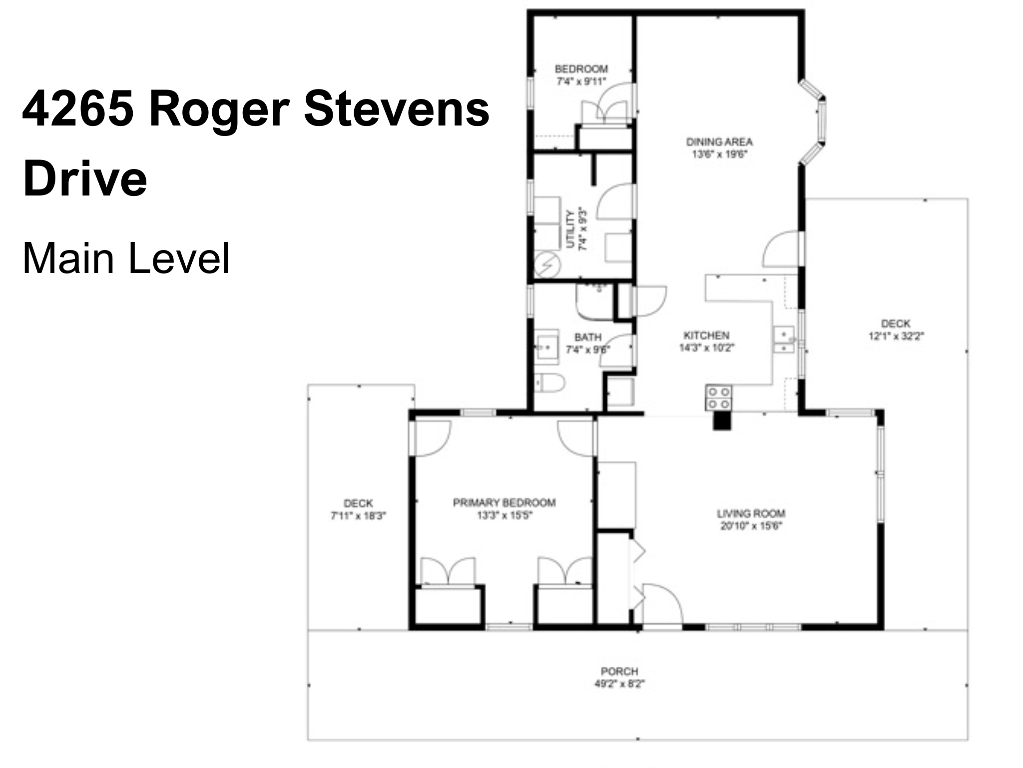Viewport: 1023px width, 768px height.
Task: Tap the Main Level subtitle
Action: [126, 258]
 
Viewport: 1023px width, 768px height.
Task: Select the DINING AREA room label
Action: [719, 142]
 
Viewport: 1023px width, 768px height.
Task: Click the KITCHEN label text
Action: [706, 335]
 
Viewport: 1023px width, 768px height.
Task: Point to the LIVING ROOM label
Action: [751, 513]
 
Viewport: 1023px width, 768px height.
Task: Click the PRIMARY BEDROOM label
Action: [504, 502]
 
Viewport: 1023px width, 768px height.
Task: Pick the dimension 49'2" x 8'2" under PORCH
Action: [619, 683]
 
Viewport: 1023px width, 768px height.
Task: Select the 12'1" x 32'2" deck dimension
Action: [896, 336]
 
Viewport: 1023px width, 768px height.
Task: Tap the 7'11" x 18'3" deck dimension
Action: [358, 515]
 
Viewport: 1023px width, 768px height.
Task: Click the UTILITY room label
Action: [570, 229]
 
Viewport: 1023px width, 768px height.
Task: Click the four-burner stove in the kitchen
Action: [719, 397]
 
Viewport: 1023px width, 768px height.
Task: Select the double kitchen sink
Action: [784, 340]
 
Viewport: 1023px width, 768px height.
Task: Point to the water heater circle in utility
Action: [547, 265]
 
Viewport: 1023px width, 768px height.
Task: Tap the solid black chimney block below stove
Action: [721, 421]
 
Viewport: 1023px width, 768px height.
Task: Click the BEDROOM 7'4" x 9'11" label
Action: [581, 75]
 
